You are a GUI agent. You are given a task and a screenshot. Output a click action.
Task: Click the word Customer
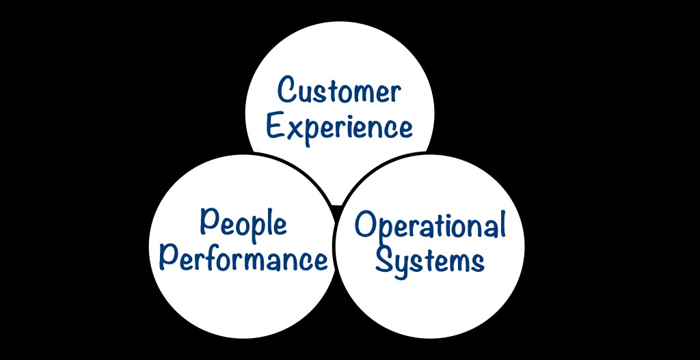pyautogui.click(x=340, y=91)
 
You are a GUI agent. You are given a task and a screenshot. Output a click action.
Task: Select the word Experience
pyautogui.click(x=340, y=126)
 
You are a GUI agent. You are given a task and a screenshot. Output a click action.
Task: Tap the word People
pyautogui.click(x=243, y=225)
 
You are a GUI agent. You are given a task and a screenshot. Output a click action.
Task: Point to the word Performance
pyautogui.click(x=243, y=260)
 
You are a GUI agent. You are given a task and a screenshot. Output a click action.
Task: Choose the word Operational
pyautogui.click(x=430, y=225)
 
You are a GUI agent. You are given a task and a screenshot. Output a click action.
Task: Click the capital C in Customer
pyautogui.click(x=288, y=90)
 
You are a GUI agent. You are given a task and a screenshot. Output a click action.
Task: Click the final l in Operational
pyautogui.click(x=501, y=223)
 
